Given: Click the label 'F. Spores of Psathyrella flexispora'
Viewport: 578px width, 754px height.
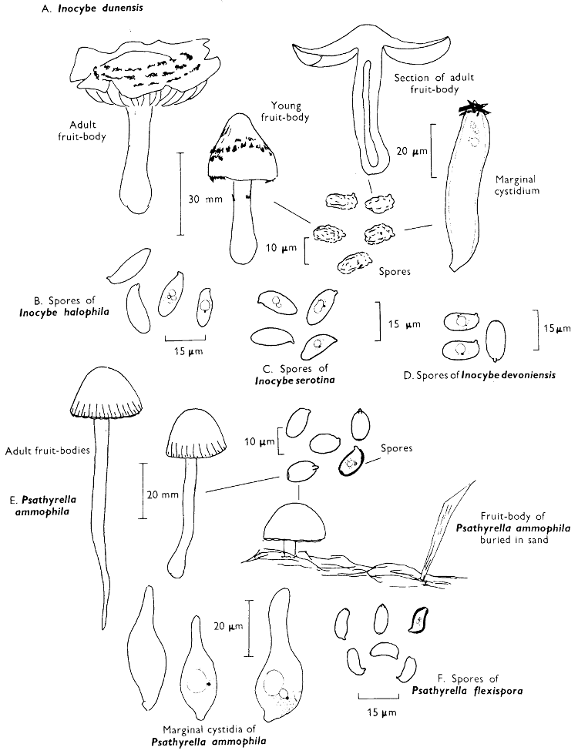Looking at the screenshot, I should pos(468,685).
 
